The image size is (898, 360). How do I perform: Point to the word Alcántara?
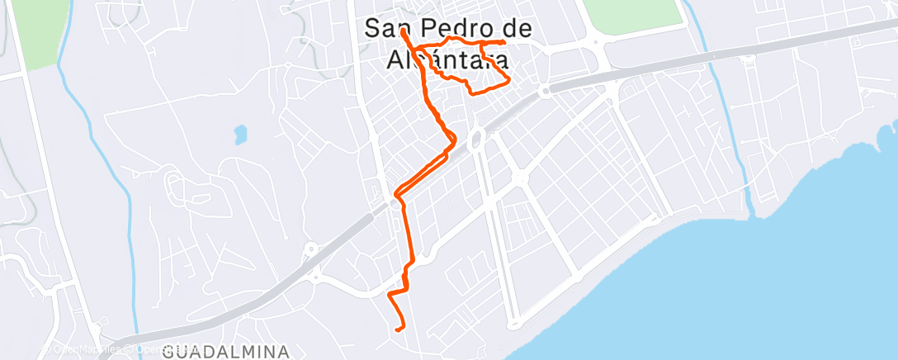point(447,60)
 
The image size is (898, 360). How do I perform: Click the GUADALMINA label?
point(226,352)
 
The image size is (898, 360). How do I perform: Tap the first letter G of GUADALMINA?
point(169,352)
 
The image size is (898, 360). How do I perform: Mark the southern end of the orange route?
point(399,329)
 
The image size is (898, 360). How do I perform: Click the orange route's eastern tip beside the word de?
point(503,42)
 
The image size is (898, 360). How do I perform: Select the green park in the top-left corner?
point(36,33)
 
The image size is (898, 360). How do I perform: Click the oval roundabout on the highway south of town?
point(477,140)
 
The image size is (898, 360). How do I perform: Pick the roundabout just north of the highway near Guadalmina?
point(310,248)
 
